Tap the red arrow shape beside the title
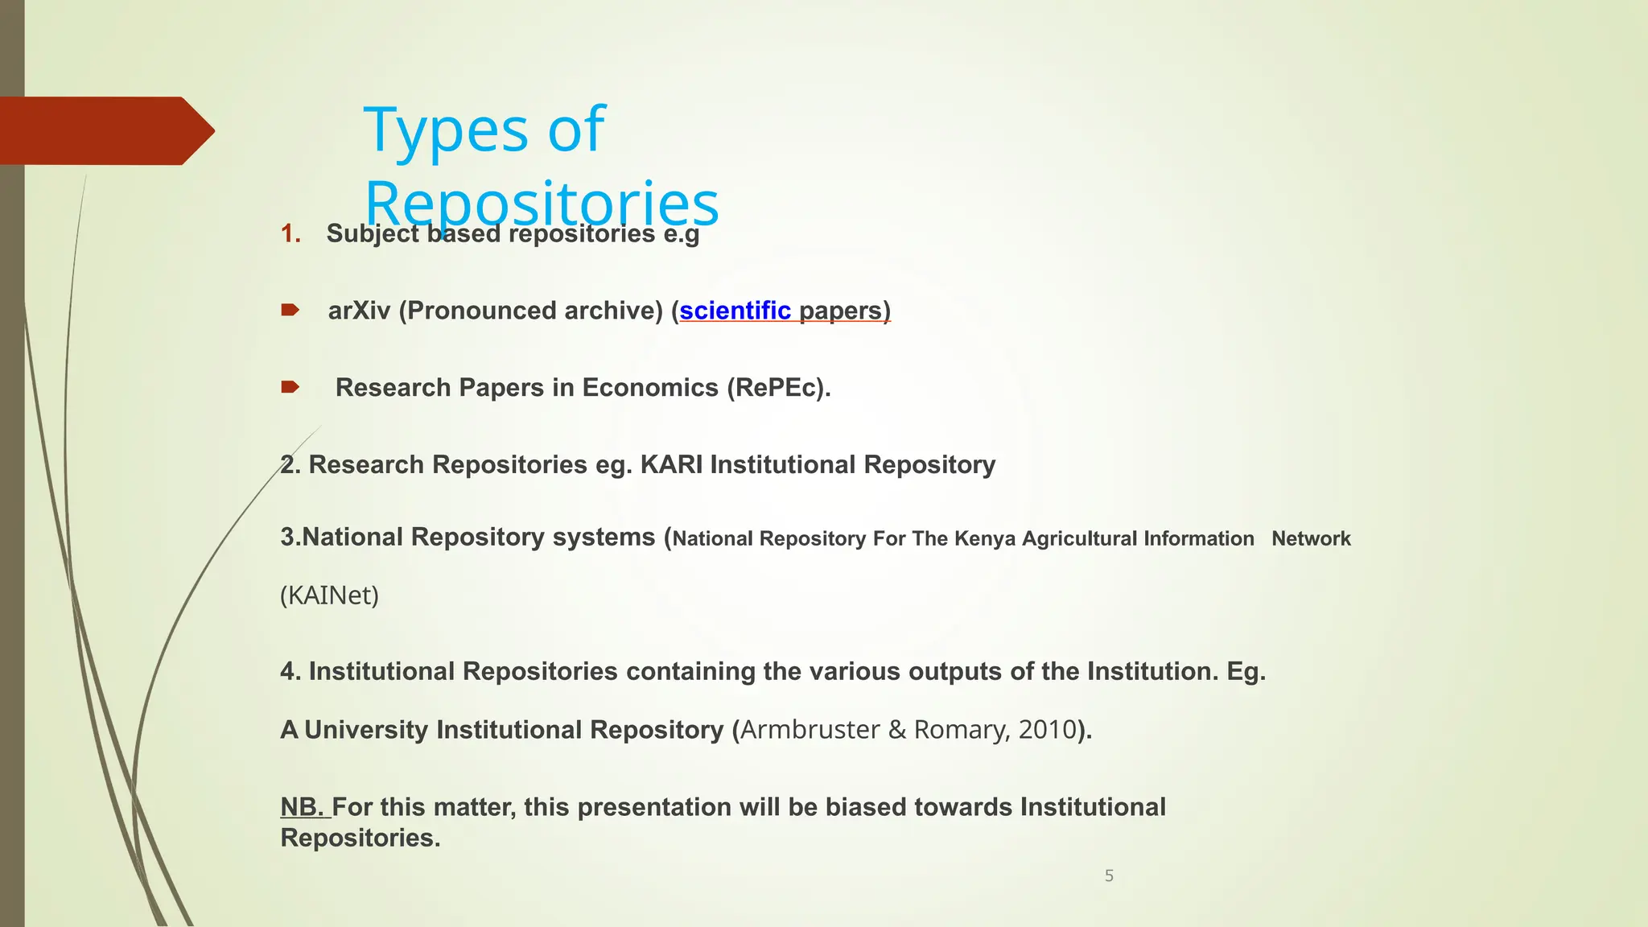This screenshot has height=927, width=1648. [x=105, y=130]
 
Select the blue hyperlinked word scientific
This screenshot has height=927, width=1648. [x=735, y=311]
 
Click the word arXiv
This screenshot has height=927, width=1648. [x=359, y=311]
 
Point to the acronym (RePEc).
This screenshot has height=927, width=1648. [x=778, y=388]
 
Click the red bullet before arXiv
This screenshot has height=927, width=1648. [x=290, y=310]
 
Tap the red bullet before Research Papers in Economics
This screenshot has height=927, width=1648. [x=290, y=387]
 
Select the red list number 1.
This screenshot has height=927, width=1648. [x=290, y=234]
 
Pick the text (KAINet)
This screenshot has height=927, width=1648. [x=329, y=595]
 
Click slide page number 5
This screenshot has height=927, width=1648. [x=1109, y=875]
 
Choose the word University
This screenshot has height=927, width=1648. [x=366, y=730]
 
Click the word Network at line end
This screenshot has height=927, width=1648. [x=1311, y=539]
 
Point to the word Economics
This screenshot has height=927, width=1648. [x=650, y=388]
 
